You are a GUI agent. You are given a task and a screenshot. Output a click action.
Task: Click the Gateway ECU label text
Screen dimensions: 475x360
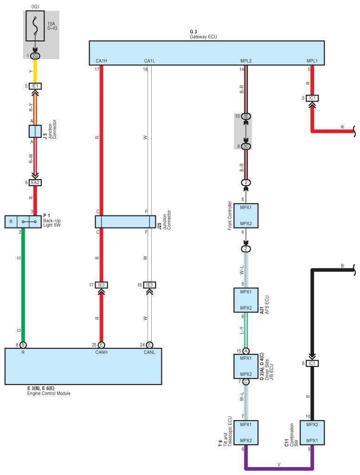(203, 37)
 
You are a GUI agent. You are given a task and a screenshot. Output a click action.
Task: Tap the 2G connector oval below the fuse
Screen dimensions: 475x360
(35, 56)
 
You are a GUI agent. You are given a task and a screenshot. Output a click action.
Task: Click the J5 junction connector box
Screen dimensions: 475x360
(35, 130)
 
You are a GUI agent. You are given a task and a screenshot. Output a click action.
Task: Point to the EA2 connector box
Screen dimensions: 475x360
(35, 182)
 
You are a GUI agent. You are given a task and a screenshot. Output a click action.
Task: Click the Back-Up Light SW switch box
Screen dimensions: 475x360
(23, 221)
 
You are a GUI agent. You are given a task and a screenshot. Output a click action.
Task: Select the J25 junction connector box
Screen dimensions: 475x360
(125, 221)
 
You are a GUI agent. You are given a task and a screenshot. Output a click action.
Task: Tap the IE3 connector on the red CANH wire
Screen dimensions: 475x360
(102, 285)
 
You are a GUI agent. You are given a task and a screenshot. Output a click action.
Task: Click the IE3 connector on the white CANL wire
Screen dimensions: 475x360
(149, 285)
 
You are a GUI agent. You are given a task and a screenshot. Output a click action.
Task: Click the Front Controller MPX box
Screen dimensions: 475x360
(246, 215)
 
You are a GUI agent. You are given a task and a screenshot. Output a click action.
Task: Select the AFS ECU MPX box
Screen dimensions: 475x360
(246, 300)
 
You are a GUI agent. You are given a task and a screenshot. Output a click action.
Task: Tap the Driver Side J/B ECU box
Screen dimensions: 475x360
(246, 366)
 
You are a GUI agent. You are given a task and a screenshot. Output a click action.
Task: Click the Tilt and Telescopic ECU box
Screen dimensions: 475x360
(246, 432)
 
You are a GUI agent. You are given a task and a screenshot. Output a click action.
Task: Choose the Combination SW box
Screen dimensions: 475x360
(312, 432)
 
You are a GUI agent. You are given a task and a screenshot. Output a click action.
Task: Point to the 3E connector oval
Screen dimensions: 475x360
(246, 116)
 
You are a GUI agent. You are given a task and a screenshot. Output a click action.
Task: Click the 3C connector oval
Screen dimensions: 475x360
(246, 146)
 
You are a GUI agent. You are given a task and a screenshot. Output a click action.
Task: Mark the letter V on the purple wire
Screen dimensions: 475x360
(279, 464)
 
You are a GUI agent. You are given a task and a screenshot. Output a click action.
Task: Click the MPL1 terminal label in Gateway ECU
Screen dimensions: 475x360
(312, 61)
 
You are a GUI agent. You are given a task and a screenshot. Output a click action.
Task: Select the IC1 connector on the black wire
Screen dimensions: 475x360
(312, 363)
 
